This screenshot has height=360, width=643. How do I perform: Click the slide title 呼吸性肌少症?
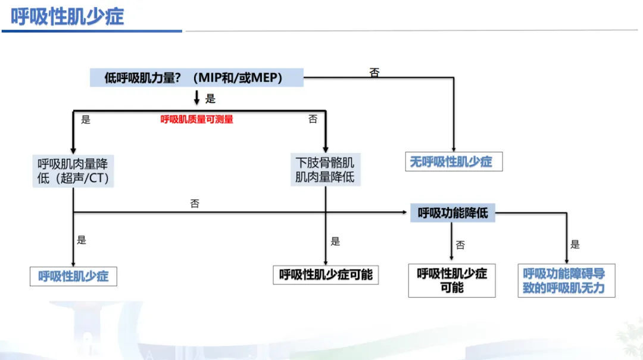(67, 16)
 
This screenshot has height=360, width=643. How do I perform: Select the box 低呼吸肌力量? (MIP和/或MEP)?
(196, 77)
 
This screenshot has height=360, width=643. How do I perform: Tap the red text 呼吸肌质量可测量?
(197, 120)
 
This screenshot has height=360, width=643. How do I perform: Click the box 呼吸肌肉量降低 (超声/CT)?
(73, 171)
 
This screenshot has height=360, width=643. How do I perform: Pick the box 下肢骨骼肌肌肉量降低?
(325, 170)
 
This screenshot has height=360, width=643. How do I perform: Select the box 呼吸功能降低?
(452, 212)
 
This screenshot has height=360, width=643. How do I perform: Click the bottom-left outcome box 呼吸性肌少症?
(73, 276)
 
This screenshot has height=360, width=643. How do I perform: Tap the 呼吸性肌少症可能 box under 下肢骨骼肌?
(326, 274)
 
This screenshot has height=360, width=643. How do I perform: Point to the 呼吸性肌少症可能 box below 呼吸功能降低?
(452, 280)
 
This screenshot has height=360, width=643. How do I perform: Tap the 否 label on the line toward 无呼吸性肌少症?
(374, 73)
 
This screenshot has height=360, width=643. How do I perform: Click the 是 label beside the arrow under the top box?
(210, 98)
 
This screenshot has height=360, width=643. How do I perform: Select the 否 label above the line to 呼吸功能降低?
(195, 204)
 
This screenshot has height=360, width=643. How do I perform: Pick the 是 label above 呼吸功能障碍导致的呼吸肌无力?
(575, 244)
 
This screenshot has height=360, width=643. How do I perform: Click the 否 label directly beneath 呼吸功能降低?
(460, 245)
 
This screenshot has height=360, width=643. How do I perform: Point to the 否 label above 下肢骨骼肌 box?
(313, 119)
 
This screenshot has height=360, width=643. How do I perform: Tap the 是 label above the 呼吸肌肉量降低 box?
(86, 120)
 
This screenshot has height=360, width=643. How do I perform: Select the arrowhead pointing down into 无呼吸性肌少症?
(454, 149)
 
